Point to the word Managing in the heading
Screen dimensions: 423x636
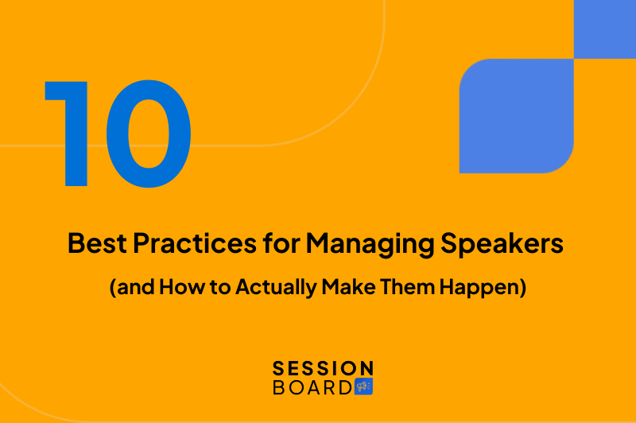click(x=348, y=244)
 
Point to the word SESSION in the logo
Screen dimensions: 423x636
click(x=323, y=369)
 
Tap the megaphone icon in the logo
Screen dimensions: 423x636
click(x=364, y=387)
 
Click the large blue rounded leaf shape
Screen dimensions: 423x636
click(x=516, y=116)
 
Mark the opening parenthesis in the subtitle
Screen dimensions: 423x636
click(x=112, y=287)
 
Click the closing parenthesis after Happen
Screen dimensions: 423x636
click(x=524, y=287)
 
